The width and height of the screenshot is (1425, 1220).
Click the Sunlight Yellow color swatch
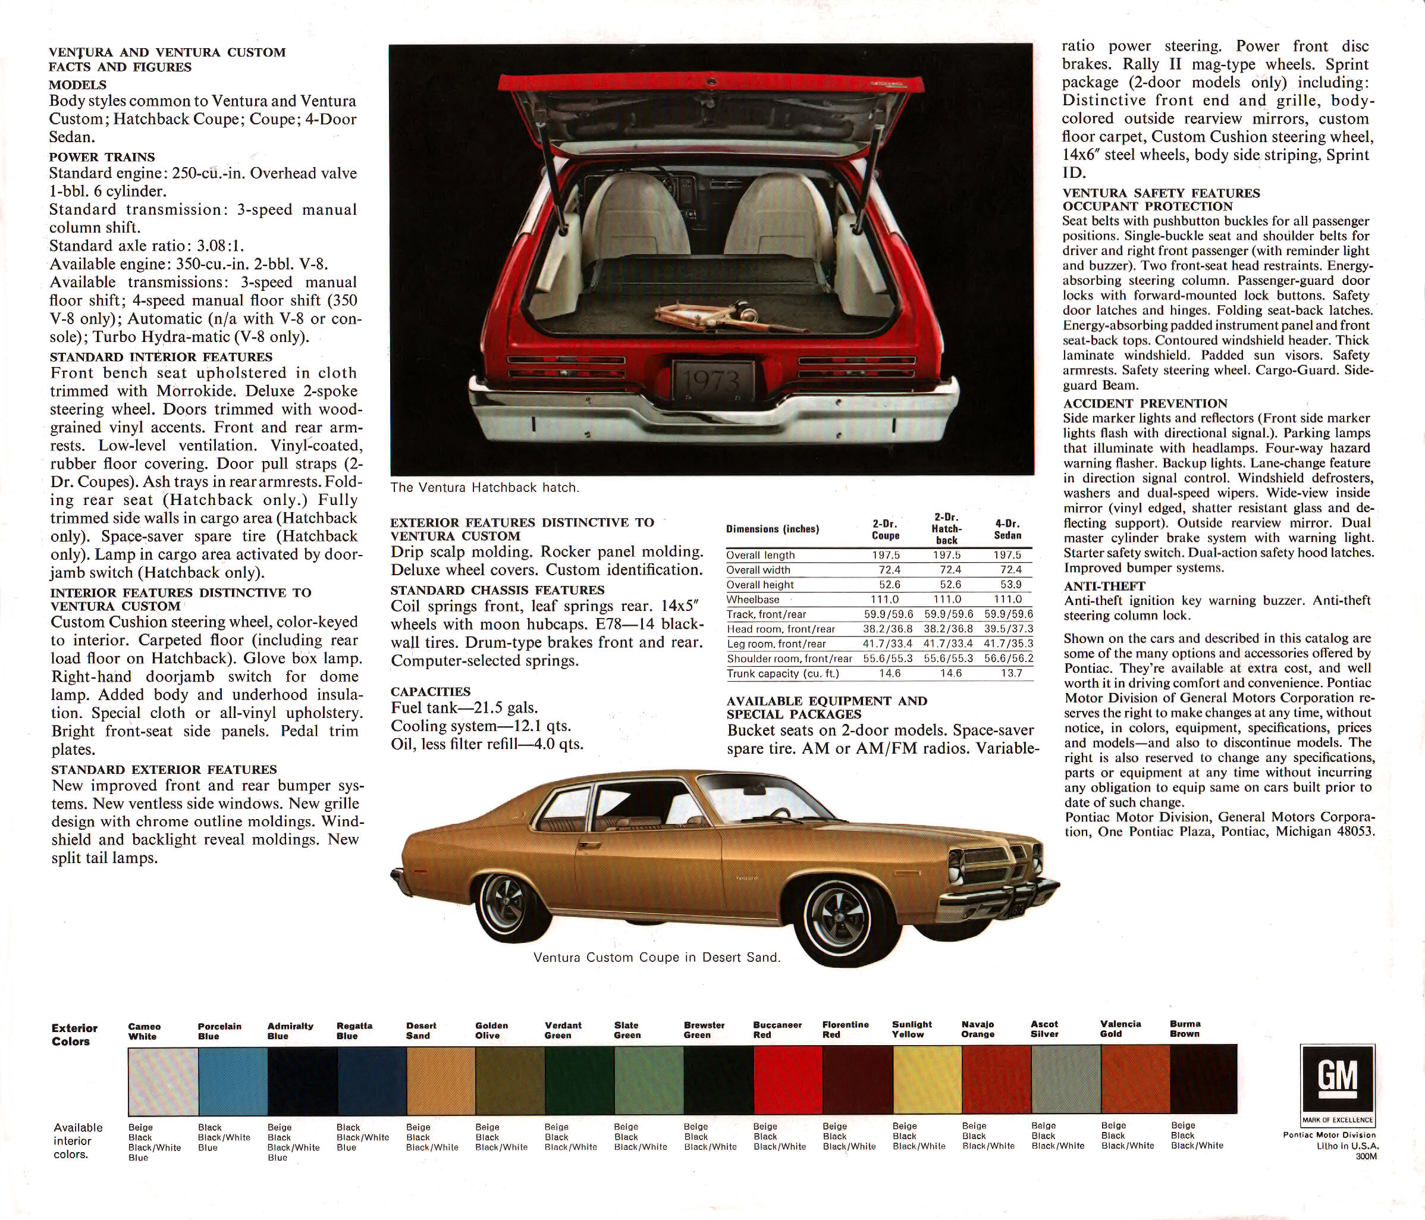927,1080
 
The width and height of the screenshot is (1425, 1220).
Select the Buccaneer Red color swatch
787,1080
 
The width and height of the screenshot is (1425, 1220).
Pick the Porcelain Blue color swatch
233,1080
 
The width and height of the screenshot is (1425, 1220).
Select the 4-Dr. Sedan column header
1007,529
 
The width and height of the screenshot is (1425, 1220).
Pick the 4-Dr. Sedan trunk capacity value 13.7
1011,673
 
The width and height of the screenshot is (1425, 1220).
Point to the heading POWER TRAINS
102,157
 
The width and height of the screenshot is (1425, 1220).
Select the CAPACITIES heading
431,691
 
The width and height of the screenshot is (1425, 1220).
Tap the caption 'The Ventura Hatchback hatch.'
485,488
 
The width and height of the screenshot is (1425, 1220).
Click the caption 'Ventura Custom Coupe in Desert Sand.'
657,957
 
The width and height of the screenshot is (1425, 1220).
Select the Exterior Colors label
74,1034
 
